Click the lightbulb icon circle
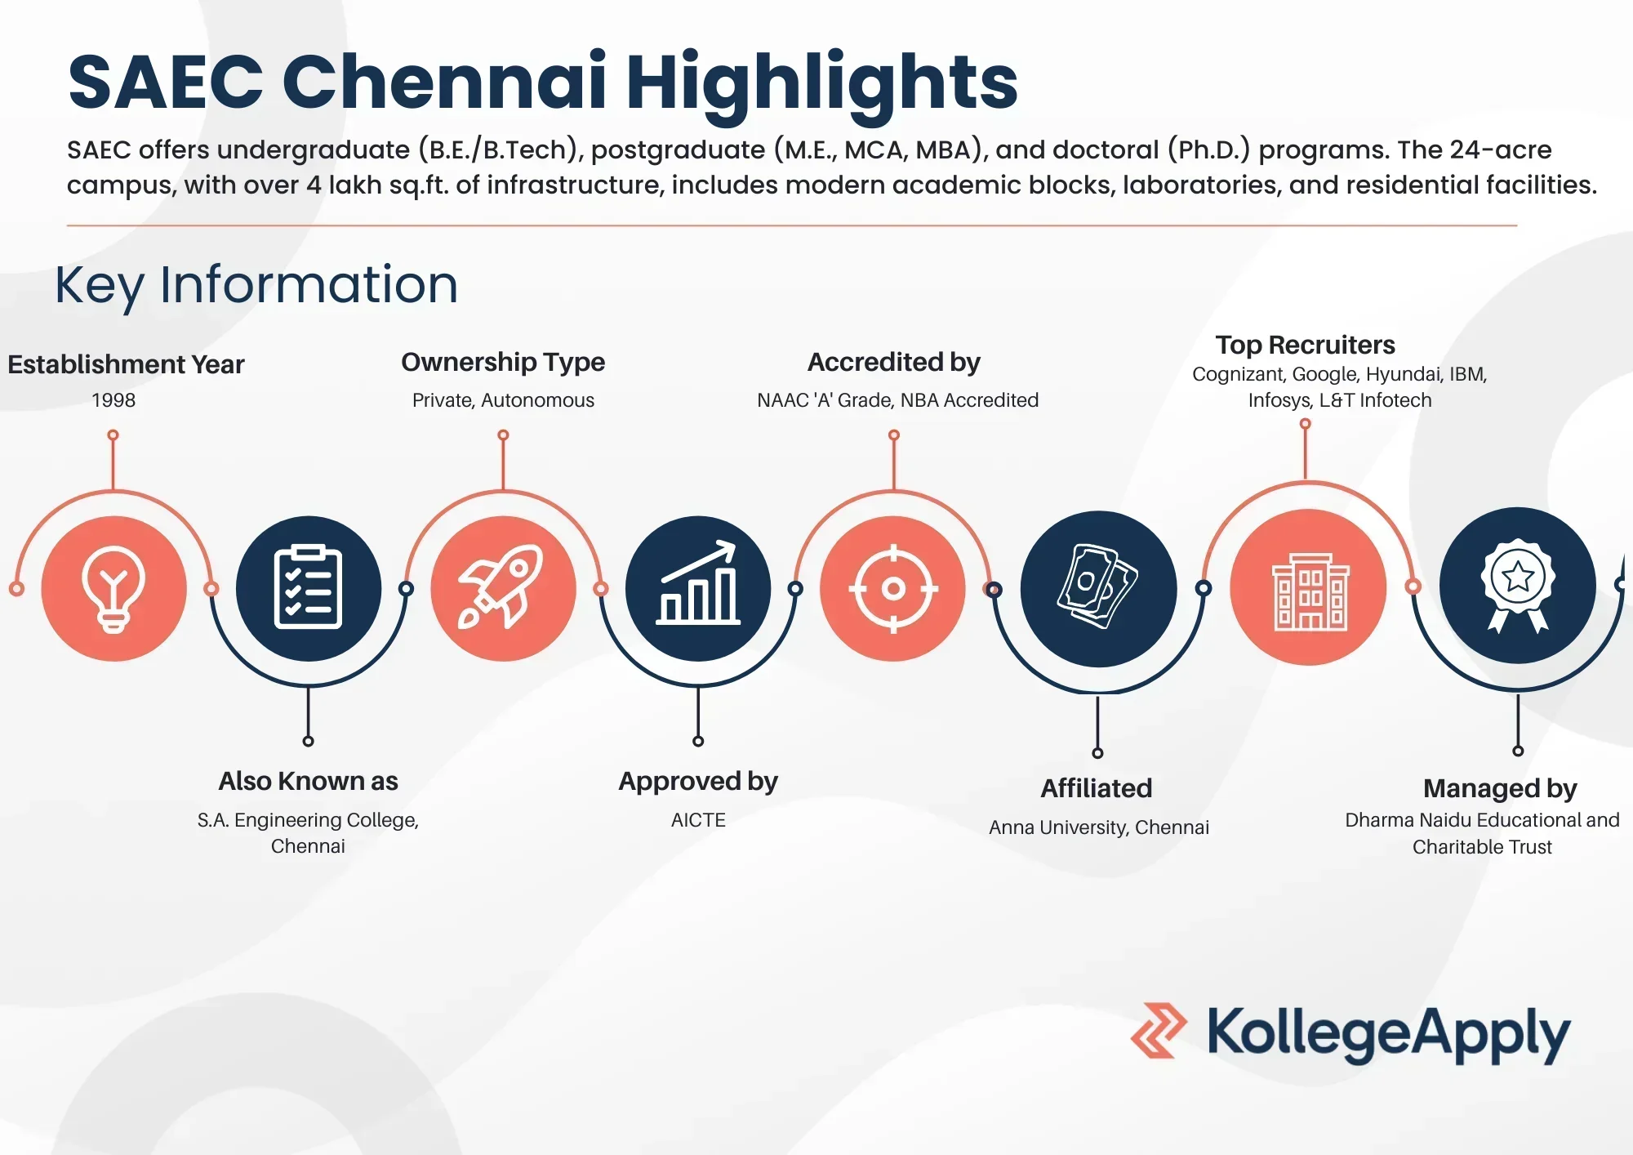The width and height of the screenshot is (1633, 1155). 113,588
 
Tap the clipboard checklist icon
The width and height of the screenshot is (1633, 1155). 308,586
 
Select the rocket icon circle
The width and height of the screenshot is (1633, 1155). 503,588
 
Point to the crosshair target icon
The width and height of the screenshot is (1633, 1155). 893,588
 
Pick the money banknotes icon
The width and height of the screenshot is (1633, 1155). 1097,586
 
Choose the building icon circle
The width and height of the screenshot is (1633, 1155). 1308,586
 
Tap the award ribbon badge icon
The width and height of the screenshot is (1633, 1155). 1518,585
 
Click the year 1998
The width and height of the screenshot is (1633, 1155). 113,400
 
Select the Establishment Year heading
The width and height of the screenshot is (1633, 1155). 126,364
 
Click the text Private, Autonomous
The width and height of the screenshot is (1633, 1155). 503,400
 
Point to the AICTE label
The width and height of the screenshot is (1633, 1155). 698,820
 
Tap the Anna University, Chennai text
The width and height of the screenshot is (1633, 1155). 1098,827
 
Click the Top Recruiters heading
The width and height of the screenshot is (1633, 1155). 1305,345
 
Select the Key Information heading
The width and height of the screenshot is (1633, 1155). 256,285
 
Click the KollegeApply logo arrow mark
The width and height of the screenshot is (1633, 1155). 1159,1031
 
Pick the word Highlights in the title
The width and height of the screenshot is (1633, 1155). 822,83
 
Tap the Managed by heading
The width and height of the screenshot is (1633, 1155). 1500,788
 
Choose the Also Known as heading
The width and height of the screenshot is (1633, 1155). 308,781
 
